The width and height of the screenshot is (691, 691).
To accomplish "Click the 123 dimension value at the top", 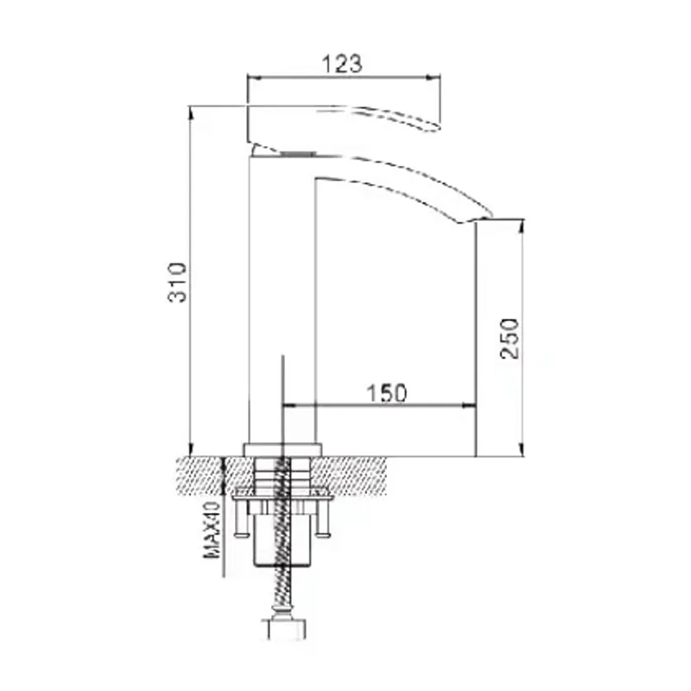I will click(x=343, y=63).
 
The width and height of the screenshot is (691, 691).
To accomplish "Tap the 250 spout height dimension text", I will click(x=511, y=339).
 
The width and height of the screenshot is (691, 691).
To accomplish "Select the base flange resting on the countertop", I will click(x=282, y=449).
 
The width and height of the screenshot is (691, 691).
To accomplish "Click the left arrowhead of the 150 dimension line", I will click(x=288, y=403).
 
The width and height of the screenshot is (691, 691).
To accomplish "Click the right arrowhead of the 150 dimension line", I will click(x=472, y=403).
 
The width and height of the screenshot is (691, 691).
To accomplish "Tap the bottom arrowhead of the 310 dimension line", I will click(x=189, y=450).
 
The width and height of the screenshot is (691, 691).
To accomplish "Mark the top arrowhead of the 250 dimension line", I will click(x=521, y=224).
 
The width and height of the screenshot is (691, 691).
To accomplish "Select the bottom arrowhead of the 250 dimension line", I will click(x=521, y=450).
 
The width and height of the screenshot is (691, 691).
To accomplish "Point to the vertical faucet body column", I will click(x=282, y=302).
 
